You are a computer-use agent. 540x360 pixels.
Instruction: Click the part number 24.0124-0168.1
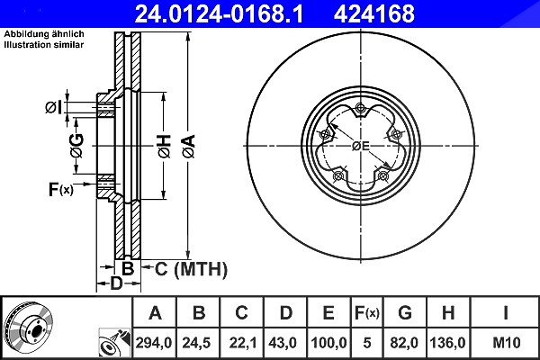(x=219, y=13)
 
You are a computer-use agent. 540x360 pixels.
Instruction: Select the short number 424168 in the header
(x=374, y=13)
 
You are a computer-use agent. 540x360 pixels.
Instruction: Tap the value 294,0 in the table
(x=154, y=343)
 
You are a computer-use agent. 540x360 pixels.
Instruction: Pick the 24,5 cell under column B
(x=196, y=343)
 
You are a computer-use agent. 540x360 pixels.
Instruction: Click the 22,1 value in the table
(x=243, y=343)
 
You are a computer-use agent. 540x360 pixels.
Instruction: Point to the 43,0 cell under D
(x=283, y=343)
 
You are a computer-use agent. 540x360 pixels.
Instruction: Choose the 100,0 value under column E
(x=328, y=343)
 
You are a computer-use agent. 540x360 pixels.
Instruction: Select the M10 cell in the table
(x=507, y=343)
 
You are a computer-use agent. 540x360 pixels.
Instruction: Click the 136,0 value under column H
(x=447, y=343)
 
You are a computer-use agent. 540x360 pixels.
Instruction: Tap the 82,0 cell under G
(x=404, y=343)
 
